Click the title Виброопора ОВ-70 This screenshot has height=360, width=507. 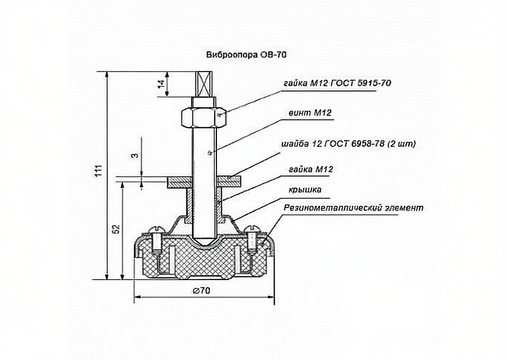[246, 55]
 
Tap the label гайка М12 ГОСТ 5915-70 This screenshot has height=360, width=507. [338, 84]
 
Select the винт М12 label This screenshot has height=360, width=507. [310, 113]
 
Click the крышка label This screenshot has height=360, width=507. [305, 189]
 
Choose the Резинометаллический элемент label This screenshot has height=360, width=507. [353, 207]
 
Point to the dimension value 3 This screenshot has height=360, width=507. [135, 155]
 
